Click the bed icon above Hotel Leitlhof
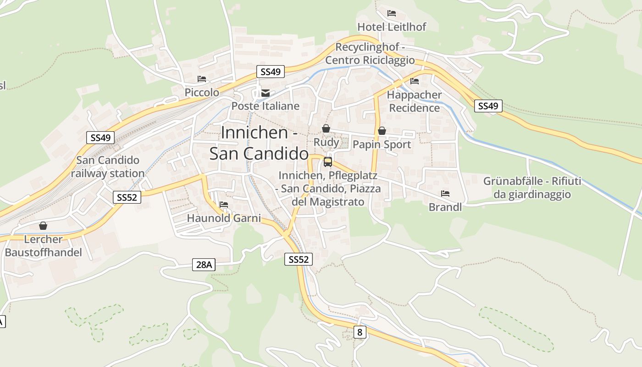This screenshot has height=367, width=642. click(391, 13)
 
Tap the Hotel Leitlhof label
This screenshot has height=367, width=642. click(392, 27)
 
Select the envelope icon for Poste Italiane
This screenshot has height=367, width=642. click(265, 94)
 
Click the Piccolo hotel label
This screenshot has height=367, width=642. click(202, 92)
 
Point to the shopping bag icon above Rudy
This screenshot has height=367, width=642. click(326, 128)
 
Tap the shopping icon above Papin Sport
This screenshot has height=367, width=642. click(382, 131)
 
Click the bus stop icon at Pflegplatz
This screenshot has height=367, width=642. click(327, 161)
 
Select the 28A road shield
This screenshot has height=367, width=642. click(204, 264)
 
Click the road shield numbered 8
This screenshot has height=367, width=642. click(360, 332)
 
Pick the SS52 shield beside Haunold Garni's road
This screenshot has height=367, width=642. click(127, 197)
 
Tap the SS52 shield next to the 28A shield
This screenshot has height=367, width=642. click(298, 259)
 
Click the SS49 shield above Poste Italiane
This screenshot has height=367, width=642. click(270, 72)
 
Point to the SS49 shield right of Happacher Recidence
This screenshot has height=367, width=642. click(488, 106)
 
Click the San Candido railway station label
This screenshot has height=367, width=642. click(108, 167)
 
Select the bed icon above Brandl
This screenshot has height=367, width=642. click(445, 194)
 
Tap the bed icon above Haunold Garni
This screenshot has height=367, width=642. click(224, 205)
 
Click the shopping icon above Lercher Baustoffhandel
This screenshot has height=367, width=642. click(43, 226)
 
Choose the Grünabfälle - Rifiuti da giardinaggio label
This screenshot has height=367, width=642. click(532, 188)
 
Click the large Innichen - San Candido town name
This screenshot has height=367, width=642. click(259, 143)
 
